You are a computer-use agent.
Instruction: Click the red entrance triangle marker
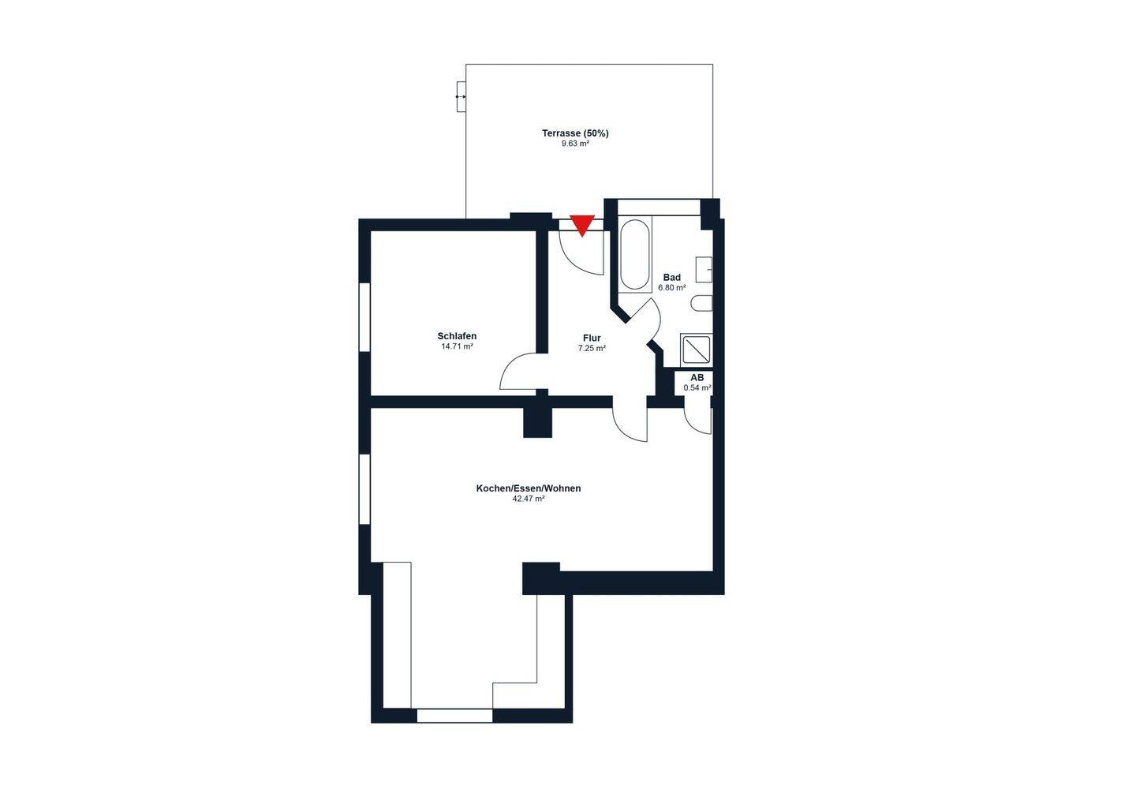(581, 225)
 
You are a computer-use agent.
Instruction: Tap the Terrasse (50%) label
(575, 133)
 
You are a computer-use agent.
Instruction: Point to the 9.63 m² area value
(575, 144)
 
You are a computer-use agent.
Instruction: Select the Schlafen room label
(457, 336)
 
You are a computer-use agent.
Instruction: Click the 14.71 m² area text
(457, 346)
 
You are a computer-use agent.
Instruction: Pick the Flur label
(592, 338)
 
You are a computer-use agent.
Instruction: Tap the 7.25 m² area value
(592, 348)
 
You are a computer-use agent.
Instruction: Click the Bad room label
(672, 278)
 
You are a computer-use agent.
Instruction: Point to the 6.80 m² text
(672, 288)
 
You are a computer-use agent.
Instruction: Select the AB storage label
(697, 378)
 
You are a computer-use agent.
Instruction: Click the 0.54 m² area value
(697, 387)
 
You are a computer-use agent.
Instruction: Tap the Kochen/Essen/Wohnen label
(529, 488)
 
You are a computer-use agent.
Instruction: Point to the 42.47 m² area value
(529, 499)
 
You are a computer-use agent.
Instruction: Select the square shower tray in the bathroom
(697, 350)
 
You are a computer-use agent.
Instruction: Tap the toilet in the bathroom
(702, 303)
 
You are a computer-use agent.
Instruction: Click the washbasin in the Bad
(704, 269)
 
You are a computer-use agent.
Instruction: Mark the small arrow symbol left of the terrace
(461, 96)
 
